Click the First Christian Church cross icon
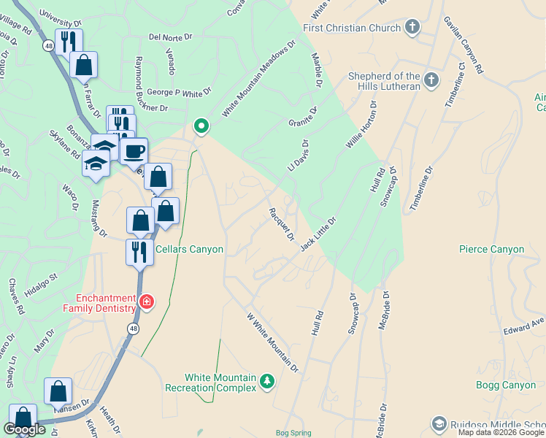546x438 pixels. tap(412, 28)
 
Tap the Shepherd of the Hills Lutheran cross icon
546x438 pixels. tap(431, 80)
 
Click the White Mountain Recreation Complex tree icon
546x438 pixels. tap(267, 381)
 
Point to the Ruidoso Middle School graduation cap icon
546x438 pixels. tap(439, 424)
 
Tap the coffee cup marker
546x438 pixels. tap(134, 152)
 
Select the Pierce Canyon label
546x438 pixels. tap(491, 250)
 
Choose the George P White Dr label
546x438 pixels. tap(179, 93)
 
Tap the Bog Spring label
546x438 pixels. tap(293, 433)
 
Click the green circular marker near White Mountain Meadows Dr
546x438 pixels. tap(201, 127)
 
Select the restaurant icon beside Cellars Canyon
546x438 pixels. tap(138, 253)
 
